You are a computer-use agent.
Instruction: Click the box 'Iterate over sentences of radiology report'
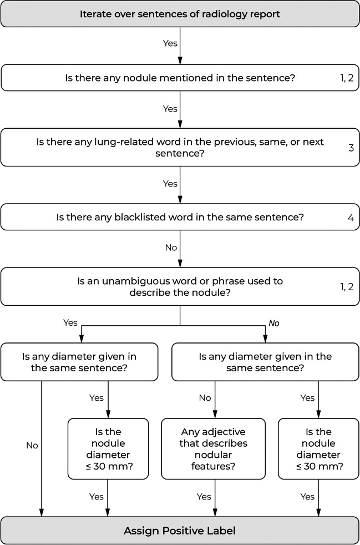[x=180, y=14]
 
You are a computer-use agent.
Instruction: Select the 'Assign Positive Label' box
[x=180, y=531]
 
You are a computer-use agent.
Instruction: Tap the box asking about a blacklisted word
[x=180, y=217]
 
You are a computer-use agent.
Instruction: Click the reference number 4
[x=351, y=217]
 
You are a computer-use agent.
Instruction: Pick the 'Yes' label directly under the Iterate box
[x=170, y=43]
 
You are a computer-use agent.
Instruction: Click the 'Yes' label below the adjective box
[x=204, y=497]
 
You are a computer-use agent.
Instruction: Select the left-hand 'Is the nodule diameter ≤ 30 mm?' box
[x=108, y=448]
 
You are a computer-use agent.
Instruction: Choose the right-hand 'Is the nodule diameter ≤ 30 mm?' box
[x=318, y=448]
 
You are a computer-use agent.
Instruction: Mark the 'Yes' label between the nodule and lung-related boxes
[x=170, y=109]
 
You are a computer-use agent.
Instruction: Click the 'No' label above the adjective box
[x=204, y=397]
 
